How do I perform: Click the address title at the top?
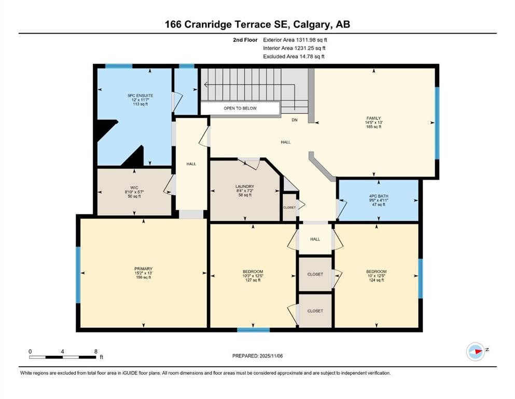pyautogui.click(x=257, y=24)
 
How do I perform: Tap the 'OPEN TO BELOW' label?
pyautogui.click(x=240, y=108)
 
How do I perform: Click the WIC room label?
pyautogui.click(x=134, y=191)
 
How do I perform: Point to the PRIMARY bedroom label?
pyautogui.click(x=143, y=273)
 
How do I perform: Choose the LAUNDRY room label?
pyautogui.click(x=244, y=190)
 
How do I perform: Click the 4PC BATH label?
pyautogui.click(x=378, y=201)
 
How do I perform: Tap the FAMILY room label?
pyautogui.click(x=373, y=122)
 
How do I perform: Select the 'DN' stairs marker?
pyautogui.click(x=294, y=119)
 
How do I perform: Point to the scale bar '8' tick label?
pyautogui.click(x=95, y=351)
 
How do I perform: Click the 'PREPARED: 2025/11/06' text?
pyautogui.click(x=258, y=356)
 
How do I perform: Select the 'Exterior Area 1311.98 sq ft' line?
pyautogui.click(x=295, y=39)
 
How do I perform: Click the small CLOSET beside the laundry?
pyautogui.click(x=289, y=207)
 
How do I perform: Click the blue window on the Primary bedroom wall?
pyautogui.click(x=78, y=274)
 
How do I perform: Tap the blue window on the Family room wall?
pyautogui.click(x=437, y=122)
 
